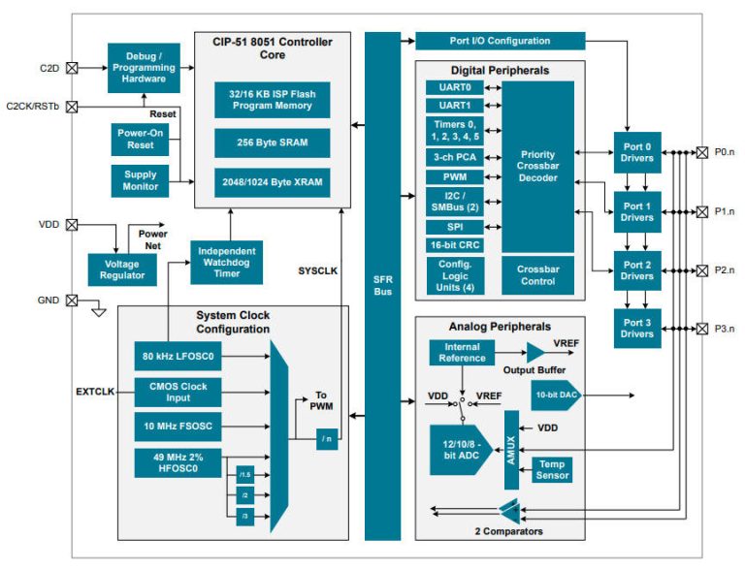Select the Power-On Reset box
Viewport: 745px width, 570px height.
point(140,139)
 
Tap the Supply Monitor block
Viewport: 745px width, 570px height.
point(140,180)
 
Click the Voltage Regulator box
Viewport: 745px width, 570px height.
point(121,269)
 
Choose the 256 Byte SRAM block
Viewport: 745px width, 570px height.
point(272,142)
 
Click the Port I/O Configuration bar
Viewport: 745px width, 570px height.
point(500,41)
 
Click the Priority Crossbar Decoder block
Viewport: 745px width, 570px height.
point(537,167)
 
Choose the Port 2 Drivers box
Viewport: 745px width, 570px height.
point(637,269)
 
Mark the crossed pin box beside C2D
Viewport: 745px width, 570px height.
point(71,68)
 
